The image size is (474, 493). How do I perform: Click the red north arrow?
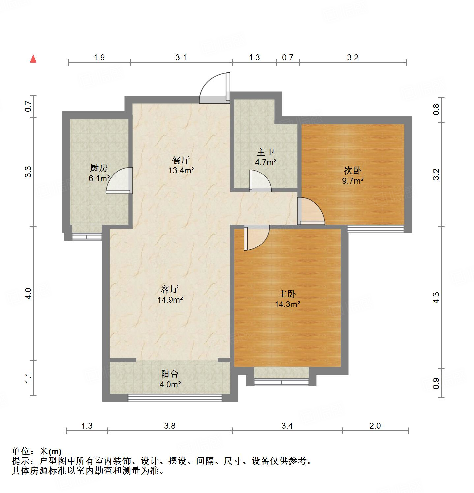click(x=33, y=59)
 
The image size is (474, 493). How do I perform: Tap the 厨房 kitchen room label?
click(x=99, y=168)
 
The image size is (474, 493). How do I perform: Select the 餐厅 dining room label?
click(x=181, y=160)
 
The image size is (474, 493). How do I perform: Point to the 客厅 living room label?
click(x=170, y=289)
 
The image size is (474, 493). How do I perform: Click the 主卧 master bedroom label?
click(x=287, y=294)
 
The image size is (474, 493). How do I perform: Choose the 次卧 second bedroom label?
click(x=353, y=170)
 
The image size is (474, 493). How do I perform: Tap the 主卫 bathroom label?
click(x=266, y=152)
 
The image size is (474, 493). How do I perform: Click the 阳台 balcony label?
click(x=170, y=374)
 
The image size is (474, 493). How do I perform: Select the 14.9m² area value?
click(x=170, y=300)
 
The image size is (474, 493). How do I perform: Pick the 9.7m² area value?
click(x=353, y=181)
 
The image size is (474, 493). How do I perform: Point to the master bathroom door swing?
click(x=259, y=181)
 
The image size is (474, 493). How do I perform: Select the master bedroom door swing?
click(x=255, y=237)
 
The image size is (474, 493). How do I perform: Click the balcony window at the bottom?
click(x=175, y=398)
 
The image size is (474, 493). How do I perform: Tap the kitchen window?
click(x=87, y=236)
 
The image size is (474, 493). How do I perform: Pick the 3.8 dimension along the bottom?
click(x=170, y=426)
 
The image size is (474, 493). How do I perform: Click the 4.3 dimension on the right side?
click(x=436, y=298)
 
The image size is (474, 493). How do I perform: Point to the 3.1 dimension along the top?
click(x=181, y=58)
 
